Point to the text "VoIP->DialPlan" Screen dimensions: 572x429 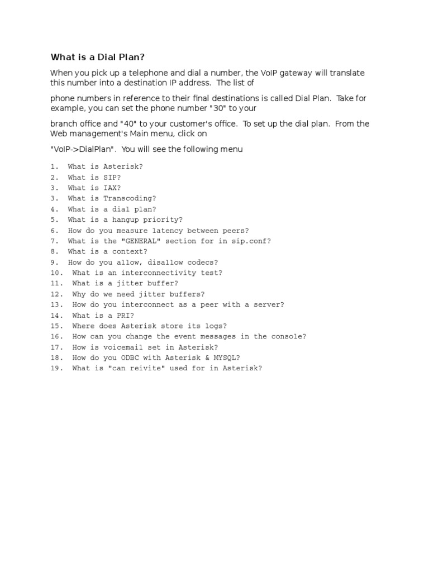[83, 150]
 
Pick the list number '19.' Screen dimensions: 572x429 [57, 368]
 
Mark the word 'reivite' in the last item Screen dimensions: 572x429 [149, 368]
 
